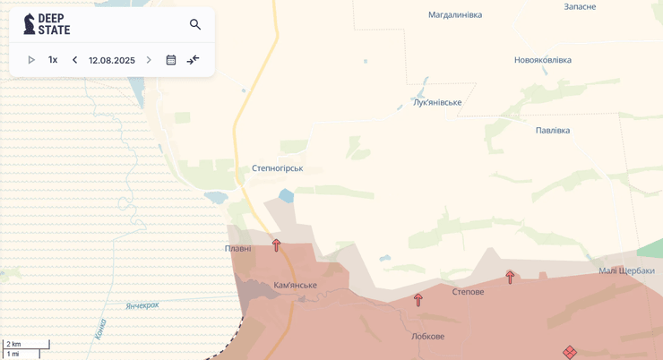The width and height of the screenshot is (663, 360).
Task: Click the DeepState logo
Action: [x=47, y=24]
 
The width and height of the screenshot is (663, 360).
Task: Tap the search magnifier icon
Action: [x=195, y=24]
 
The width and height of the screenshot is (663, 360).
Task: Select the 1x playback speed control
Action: [x=53, y=60]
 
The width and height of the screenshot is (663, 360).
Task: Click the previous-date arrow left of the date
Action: [x=75, y=60]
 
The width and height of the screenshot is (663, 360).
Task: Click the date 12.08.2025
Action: [x=112, y=60]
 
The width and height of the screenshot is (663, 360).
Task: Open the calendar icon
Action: [x=171, y=60]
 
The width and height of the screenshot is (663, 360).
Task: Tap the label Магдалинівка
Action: [x=455, y=14]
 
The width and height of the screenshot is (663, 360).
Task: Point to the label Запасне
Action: [x=580, y=6]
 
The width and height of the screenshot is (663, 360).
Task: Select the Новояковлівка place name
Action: [x=542, y=60]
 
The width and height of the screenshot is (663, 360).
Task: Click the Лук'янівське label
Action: [x=437, y=102]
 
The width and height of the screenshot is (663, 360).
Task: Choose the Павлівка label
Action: [x=553, y=130]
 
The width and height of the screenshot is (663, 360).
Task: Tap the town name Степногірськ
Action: [x=277, y=167]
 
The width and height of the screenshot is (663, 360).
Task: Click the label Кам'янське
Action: [x=295, y=285]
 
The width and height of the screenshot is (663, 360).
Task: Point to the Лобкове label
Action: [x=427, y=336]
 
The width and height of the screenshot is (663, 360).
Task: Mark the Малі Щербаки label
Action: [x=626, y=270]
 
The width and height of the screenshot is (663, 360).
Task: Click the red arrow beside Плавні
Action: [x=276, y=244]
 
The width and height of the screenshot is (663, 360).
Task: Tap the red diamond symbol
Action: [x=570, y=352]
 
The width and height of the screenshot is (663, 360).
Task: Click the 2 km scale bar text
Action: [x=13, y=344]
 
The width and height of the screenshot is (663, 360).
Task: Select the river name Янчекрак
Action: [x=142, y=305]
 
